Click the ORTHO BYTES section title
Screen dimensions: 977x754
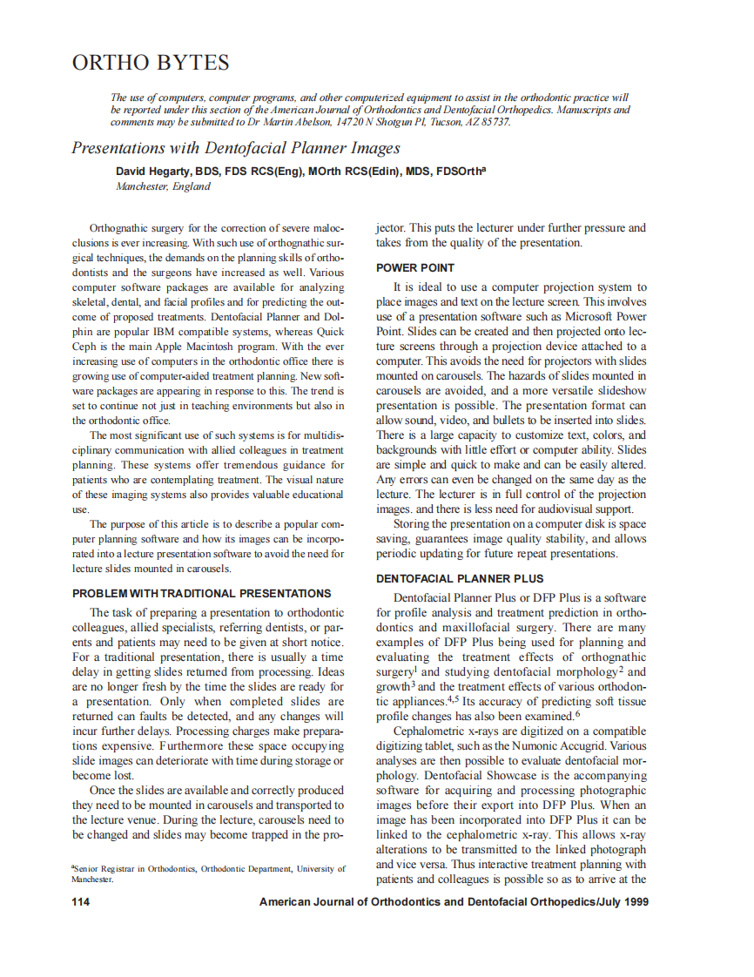point(151,63)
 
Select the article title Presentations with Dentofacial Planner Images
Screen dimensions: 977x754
point(235,147)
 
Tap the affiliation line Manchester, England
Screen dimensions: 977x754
point(163,186)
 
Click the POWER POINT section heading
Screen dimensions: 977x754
point(415,267)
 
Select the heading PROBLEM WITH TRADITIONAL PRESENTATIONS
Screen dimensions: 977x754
point(201,593)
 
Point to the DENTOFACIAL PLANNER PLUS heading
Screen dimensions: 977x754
point(460,578)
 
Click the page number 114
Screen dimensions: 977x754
point(80,901)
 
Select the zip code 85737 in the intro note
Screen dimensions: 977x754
point(493,122)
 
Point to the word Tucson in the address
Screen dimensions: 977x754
point(421,122)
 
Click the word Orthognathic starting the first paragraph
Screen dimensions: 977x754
point(120,228)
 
